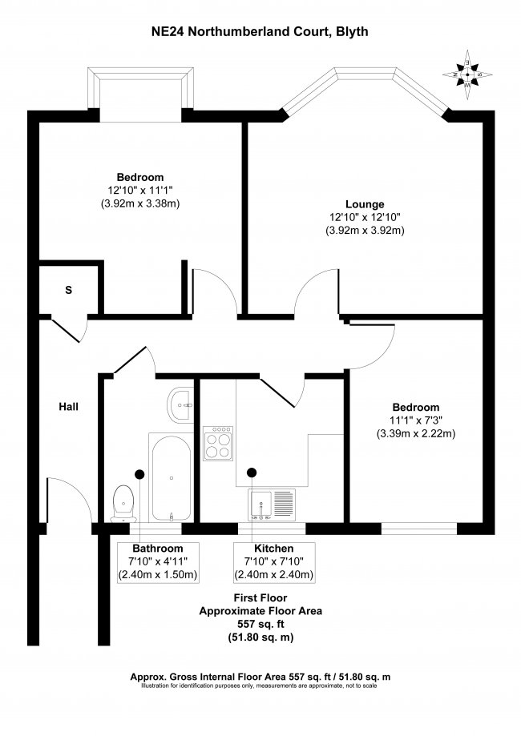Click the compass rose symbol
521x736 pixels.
click(466, 72)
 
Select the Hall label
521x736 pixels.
click(68, 406)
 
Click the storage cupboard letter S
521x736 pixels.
click(68, 290)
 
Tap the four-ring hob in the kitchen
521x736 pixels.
click(219, 442)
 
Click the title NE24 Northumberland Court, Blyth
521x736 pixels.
click(260, 32)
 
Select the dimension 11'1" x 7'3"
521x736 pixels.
click(415, 420)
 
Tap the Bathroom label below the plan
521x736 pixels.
click(157, 548)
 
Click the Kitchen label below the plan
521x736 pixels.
click(273, 548)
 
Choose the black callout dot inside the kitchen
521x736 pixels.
click(252, 473)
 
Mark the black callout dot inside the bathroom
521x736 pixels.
click(139, 473)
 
